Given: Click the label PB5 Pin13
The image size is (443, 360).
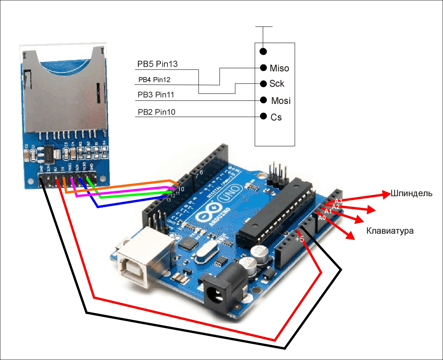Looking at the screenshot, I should point(157,64).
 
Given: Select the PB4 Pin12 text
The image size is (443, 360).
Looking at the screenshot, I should point(154,80).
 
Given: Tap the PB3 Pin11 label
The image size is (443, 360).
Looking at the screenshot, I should point(156,95).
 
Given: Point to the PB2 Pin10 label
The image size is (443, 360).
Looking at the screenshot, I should point(156,112).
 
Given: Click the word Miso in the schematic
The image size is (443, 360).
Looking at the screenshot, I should point(279,68).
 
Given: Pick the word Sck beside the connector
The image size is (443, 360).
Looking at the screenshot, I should point(277,84).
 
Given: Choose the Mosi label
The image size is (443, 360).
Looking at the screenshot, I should point(281,101).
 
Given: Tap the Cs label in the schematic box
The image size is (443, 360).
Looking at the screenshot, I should point(276,117).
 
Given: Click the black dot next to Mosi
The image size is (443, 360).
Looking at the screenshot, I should point(263,100).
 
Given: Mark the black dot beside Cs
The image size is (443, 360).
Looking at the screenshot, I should point(263,116).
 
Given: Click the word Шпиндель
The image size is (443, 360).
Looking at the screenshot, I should point(411,193).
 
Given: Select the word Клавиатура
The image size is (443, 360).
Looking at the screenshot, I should point(390,231).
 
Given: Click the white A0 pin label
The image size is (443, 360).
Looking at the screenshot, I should point(322,218).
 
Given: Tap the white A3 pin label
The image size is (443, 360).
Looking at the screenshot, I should point(338,201).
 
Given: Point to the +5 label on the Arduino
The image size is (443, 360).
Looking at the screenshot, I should point(300,239).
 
